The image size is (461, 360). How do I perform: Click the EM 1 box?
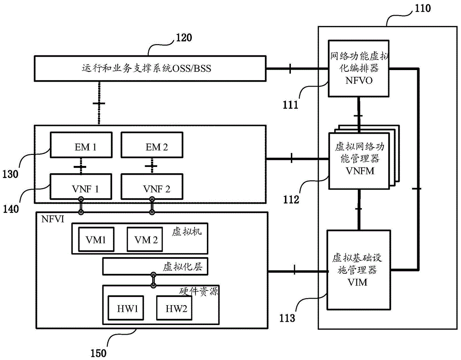tap(81, 145)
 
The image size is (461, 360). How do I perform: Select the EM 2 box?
tap(152, 145)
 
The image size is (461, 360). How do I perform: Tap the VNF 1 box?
tap(81, 187)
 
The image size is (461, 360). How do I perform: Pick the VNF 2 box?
tap(152, 187)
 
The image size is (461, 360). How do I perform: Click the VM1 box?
tap(96, 239)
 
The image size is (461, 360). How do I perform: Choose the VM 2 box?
tap(145, 239)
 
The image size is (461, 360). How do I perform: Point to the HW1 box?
tap(126, 308)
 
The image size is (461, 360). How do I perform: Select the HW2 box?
tap(174, 308)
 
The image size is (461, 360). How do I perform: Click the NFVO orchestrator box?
tap(359, 69)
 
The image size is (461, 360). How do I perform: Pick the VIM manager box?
tap(359, 270)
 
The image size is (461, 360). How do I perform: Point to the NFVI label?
tap(53, 219)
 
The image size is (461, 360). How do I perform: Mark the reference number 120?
tap(184, 38)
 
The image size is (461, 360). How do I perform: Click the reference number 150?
tap(98, 353)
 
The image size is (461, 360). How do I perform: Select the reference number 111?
tap(290, 105)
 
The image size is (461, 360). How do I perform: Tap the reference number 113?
tap(287, 318)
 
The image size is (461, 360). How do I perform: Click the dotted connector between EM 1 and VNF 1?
tap(81, 166)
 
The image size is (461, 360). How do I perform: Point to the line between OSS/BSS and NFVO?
tap(297, 69)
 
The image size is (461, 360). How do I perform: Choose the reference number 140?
tap(11, 209)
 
